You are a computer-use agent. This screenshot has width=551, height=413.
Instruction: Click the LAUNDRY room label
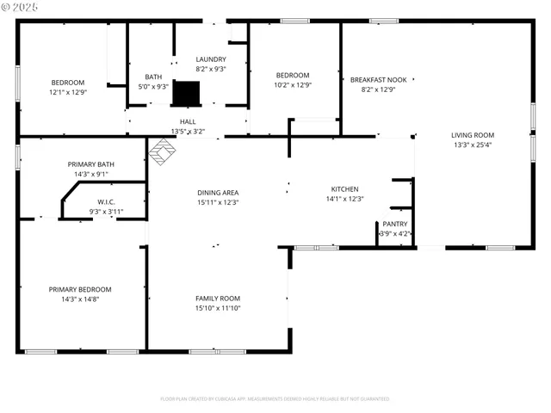point(211,59)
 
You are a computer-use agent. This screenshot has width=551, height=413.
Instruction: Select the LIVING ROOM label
point(473,134)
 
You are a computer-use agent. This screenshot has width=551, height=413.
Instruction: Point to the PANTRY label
point(395,224)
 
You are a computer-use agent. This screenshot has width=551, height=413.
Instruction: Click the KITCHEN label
point(344,189)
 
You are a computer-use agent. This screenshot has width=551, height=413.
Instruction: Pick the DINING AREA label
point(217,193)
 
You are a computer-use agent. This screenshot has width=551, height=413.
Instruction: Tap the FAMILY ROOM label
point(217,298)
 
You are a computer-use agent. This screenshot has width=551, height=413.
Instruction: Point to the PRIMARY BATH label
point(90,163)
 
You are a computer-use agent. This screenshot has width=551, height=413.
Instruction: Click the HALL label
point(188,122)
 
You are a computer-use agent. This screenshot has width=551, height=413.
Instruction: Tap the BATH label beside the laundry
point(153,77)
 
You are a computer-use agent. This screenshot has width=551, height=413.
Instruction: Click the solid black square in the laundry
point(186,92)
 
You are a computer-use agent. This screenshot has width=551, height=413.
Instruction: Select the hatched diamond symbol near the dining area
point(162,152)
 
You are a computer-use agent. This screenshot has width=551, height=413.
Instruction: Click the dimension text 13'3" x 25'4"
point(473,145)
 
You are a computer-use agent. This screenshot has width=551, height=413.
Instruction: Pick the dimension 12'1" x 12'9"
point(69,92)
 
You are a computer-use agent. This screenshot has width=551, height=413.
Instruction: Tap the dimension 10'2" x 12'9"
point(293,85)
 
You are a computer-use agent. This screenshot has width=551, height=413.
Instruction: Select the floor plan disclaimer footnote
point(275,398)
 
